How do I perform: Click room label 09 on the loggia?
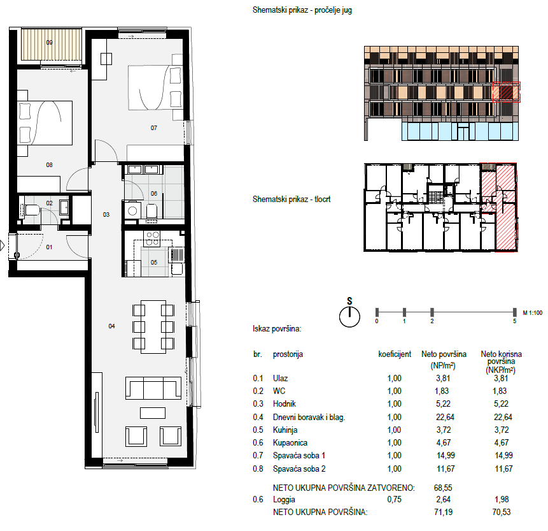pos(49,43)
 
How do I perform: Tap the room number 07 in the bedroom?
pos(154,128)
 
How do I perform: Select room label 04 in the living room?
pos(111,326)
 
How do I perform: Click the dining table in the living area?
pos(153,326)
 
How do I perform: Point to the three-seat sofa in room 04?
pos(153,388)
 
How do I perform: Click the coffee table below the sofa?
pos(153,413)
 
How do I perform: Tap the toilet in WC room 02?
pos(32,210)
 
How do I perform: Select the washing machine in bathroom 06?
pos(132,211)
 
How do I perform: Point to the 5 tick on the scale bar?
pos(514,312)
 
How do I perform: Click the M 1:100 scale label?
pos(532,313)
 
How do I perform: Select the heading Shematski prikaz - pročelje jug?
pos(302,10)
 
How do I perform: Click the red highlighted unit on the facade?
pos(507,92)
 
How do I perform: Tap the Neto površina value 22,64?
pos(445,418)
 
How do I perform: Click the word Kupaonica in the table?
pos(290,443)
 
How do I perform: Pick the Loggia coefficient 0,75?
pos(394,500)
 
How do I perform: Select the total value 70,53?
pos(502,512)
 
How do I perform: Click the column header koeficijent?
pos(395,354)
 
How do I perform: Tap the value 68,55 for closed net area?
pos(443,488)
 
